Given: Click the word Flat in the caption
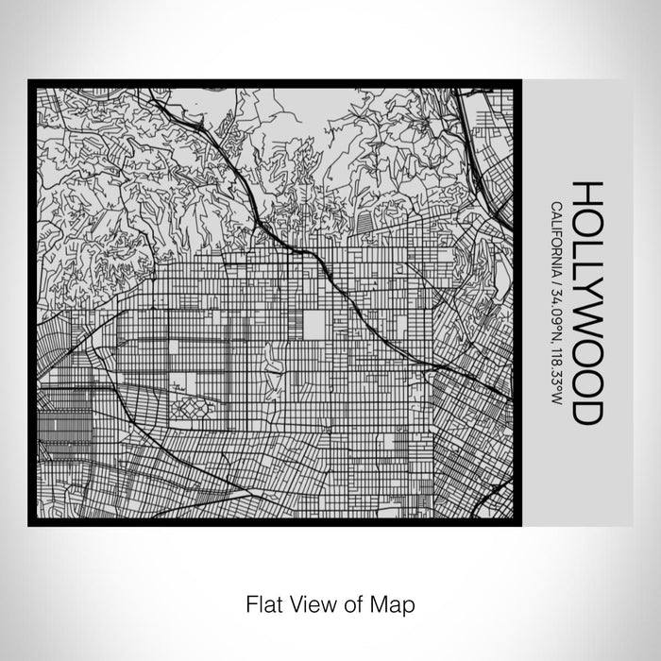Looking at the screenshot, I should tap(262, 602).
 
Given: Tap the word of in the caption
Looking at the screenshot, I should tap(347, 602).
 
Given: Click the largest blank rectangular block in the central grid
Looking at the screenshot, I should tap(314, 324).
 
